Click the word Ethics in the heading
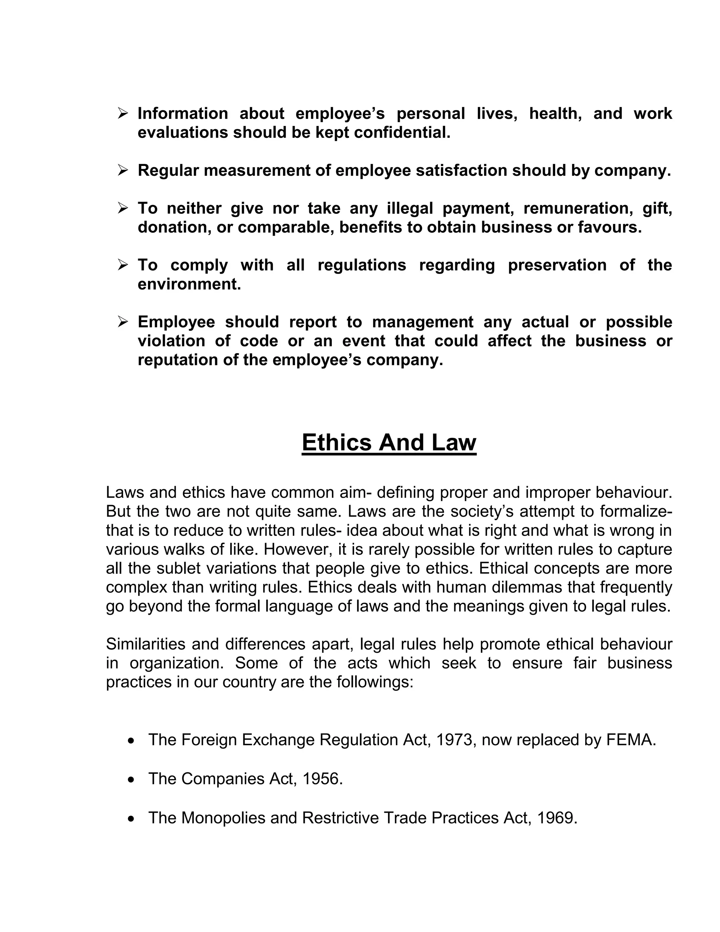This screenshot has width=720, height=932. pyautogui.click(x=337, y=442)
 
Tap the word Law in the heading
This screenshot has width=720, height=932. pyautogui.click(x=454, y=442)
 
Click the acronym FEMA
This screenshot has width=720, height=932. pyautogui.click(x=630, y=740)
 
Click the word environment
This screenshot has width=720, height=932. pyautogui.click(x=189, y=284)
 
